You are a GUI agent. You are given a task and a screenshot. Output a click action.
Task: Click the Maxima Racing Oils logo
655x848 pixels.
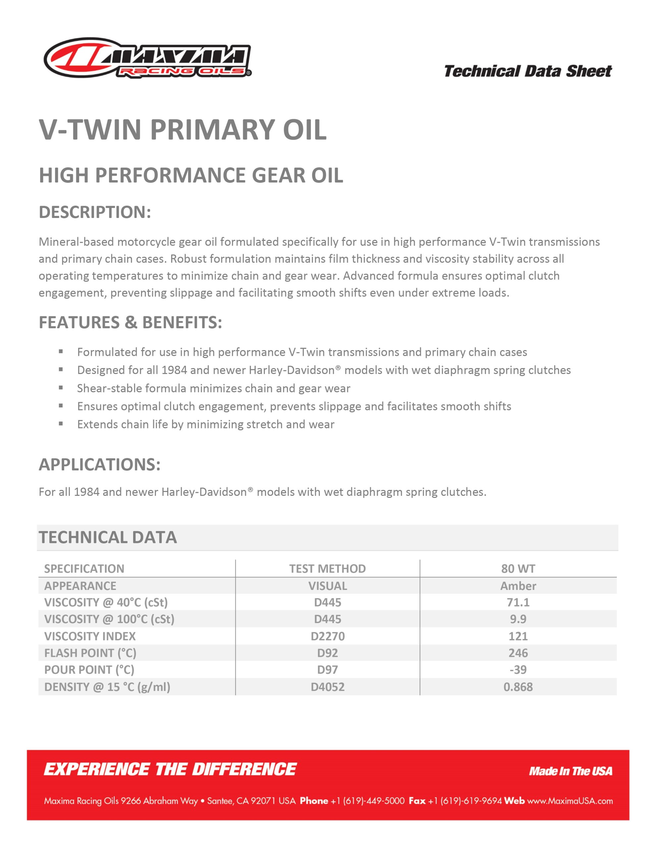tap(148, 58)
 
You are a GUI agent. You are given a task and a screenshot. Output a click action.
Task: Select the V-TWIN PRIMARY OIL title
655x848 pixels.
tap(182, 129)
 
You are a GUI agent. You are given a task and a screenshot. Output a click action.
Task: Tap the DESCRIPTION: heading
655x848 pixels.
tap(95, 212)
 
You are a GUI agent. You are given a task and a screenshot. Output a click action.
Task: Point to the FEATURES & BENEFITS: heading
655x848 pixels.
tap(130, 322)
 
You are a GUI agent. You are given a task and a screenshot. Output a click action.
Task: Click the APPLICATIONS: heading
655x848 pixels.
tap(99, 464)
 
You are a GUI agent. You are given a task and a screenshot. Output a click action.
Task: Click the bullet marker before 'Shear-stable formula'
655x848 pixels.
tap(61, 388)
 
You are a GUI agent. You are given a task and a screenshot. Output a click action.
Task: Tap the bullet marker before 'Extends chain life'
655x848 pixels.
tap(61, 424)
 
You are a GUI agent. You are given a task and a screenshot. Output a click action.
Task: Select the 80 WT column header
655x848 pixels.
tap(518, 568)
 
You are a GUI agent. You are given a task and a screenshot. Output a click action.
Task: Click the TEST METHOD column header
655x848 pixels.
tap(327, 568)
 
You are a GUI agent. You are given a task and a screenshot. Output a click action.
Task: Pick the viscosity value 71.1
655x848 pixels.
tap(518, 602)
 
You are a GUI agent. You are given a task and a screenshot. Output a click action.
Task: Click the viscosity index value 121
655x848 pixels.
tap(518, 636)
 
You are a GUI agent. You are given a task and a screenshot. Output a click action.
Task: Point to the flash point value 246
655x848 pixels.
tap(518, 653)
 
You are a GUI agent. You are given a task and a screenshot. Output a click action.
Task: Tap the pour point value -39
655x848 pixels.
tap(518, 669)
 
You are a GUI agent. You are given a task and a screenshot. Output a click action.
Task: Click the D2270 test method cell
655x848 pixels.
tap(327, 636)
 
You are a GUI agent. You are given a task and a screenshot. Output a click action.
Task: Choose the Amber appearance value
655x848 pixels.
tap(518, 586)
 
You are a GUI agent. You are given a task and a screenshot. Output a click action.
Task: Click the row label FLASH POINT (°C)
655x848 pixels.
tap(90, 653)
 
